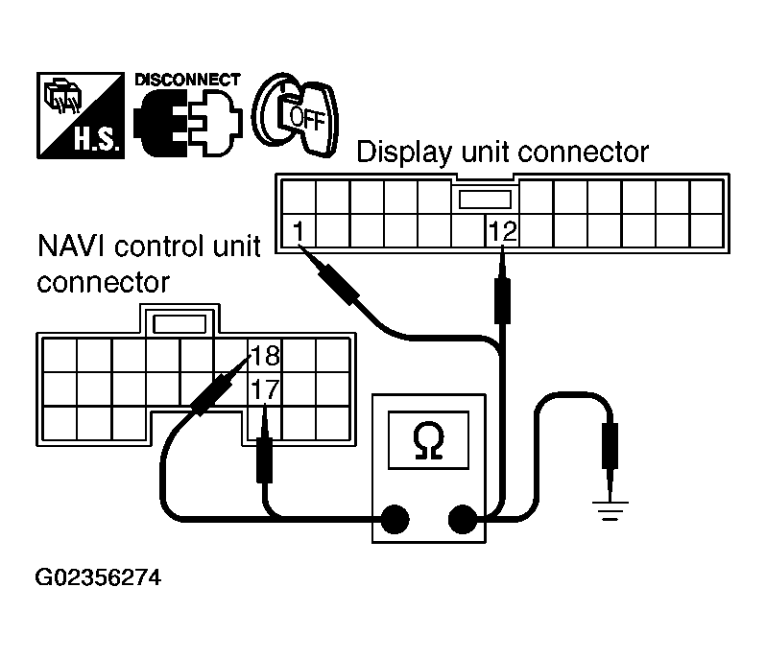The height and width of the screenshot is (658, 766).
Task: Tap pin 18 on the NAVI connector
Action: click(x=264, y=357)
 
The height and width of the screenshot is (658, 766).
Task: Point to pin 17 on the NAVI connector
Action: click(x=264, y=389)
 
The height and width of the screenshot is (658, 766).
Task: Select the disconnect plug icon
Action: click(x=188, y=126)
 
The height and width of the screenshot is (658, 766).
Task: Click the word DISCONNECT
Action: click(x=187, y=81)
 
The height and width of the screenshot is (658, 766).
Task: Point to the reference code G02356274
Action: click(x=99, y=579)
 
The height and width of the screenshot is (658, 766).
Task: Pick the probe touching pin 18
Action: click(x=212, y=393)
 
